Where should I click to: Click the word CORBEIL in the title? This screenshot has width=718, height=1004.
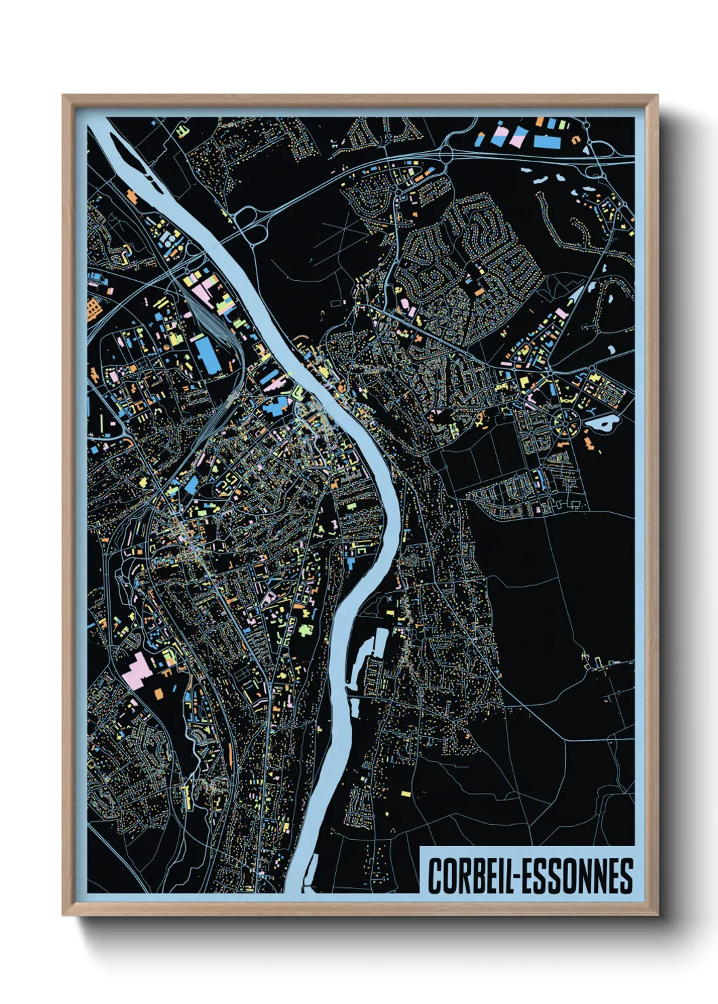coord(468,876)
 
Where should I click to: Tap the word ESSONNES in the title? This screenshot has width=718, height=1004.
coord(577,876)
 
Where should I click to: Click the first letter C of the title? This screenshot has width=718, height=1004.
coord(434,876)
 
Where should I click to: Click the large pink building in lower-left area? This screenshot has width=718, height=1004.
coord(138,670)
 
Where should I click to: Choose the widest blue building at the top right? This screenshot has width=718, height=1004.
coord(547,142)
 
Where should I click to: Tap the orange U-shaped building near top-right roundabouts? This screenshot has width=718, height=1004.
coord(576,140)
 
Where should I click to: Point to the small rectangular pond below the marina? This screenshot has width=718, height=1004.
coord(354,706)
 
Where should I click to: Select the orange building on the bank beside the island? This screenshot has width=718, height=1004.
coord(132,197)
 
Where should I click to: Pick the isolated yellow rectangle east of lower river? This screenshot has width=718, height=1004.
coord(405,793)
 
